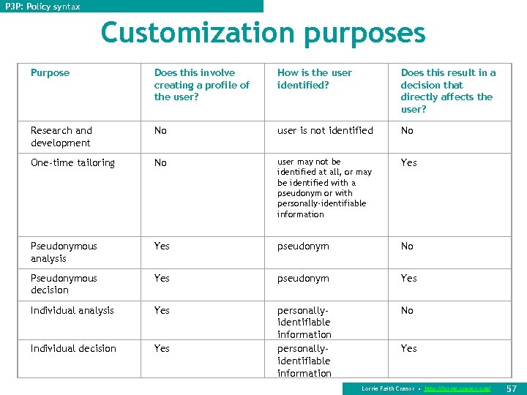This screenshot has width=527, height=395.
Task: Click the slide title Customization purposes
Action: [x=263, y=33]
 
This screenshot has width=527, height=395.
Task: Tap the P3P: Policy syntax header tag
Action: [x=42, y=7]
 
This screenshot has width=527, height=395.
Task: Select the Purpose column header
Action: [x=51, y=73]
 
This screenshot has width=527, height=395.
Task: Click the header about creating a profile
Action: [x=201, y=85]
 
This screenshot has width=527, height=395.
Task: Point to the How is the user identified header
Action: [x=314, y=79]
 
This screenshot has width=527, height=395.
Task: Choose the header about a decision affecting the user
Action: [x=447, y=91]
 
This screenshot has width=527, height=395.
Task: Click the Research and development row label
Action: [x=61, y=137]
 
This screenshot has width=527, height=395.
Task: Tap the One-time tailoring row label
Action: [x=72, y=163]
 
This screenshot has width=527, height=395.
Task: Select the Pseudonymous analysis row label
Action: [x=64, y=252]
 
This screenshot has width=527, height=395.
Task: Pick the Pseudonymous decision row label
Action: [x=64, y=284]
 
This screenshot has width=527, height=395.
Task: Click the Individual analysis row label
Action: [x=72, y=311]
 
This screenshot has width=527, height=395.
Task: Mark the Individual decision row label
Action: [x=73, y=349]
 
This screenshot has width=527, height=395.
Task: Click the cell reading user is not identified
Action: [x=325, y=131]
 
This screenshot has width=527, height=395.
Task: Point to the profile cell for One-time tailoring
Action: [x=160, y=163]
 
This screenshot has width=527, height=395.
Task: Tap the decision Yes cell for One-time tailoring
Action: [x=408, y=163]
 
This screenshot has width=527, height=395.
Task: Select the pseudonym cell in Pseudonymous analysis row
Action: [x=303, y=247]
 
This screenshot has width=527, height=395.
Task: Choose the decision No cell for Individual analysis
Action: [x=407, y=311]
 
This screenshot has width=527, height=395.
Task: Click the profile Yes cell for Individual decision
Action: [x=162, y=349]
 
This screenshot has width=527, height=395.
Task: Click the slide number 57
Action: [x=512, y=388]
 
